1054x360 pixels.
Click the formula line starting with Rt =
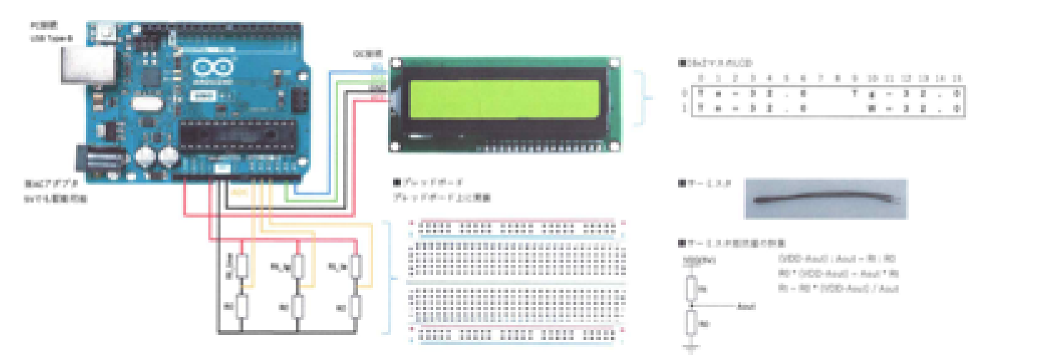(x=837, y=288)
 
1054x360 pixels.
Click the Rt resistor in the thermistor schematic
(x=690, y=288)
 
